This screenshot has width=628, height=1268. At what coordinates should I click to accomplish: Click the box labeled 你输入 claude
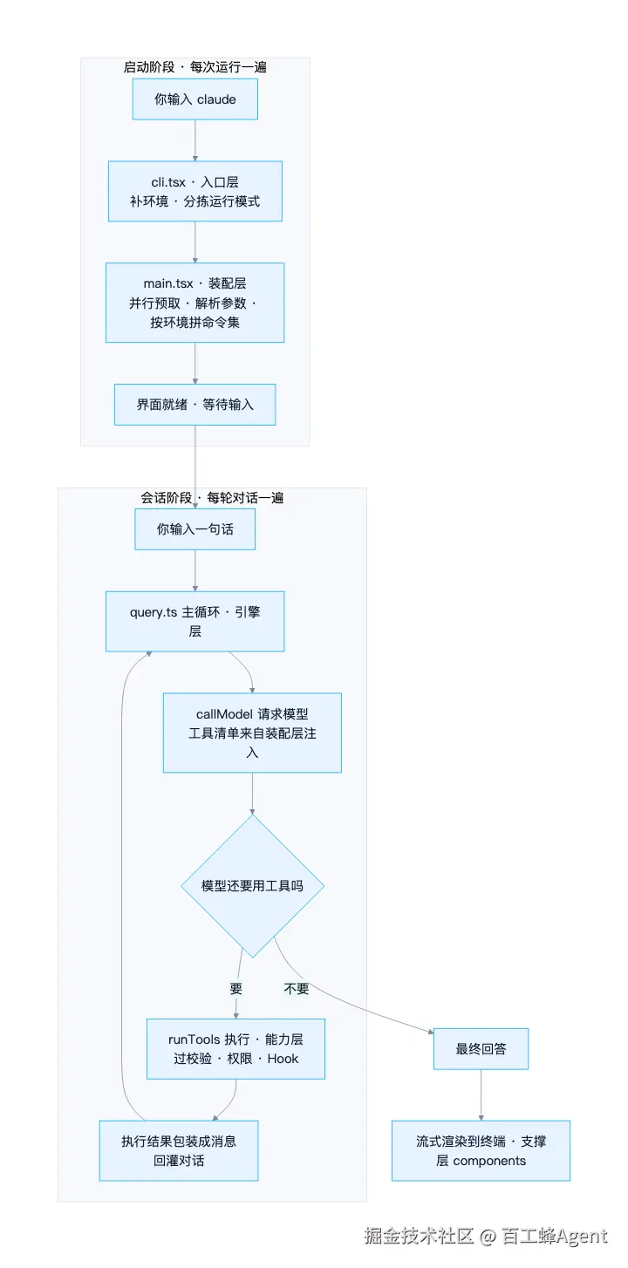coord(195,99)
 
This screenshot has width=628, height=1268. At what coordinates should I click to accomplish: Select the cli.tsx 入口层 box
coord(195,191)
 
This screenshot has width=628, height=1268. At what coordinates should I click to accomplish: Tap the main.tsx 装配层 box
coord(195,303)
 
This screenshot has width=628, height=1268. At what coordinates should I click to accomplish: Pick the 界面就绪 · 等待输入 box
coord(195,405)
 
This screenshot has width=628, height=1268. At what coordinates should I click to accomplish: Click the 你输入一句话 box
coord(195,529)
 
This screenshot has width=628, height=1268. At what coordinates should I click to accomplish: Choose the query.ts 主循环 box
coord(195,622)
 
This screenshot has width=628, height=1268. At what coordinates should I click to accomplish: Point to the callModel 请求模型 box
coord(252,733)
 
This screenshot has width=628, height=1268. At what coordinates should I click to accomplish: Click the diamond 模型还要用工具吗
coord(252,886)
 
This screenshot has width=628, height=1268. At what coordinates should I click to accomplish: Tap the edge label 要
coord(236,989)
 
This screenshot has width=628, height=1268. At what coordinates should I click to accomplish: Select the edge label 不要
coord(297,989)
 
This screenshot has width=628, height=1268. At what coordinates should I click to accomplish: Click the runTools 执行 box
coord(235,1049)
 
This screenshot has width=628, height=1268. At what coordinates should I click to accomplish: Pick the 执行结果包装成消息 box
coord(179,1151)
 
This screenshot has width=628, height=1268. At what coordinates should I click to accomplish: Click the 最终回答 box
coord(481,1049)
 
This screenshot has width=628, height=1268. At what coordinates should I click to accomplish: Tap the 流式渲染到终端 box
coord(481,1151)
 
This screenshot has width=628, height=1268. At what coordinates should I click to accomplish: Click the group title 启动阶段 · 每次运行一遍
coord(195,67)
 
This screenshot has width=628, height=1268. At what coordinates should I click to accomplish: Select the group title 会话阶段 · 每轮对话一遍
coord(212,498)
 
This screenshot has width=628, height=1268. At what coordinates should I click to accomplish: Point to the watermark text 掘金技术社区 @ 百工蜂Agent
coord(485,1237)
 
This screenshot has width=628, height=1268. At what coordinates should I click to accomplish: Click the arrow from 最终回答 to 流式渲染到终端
coord(481,1095)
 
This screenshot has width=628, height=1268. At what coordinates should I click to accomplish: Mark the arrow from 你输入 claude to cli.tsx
coord(195,140)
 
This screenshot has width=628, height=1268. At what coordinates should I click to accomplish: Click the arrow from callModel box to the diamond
coord(252,794)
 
